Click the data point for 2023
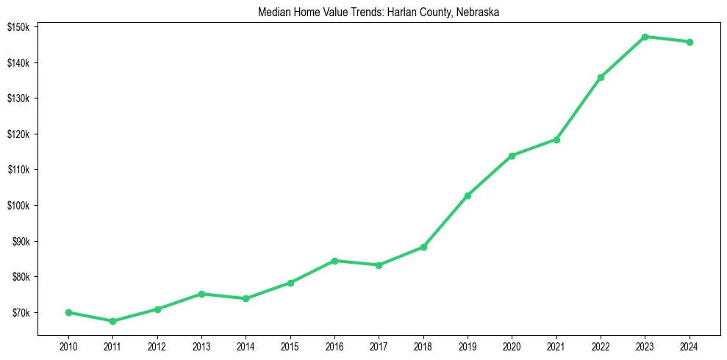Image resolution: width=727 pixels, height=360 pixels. point(645,37)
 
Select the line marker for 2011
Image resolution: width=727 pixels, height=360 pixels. point(112,321)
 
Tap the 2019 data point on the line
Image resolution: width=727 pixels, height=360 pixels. point(468,195)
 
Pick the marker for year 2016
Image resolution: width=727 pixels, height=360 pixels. point(334,261)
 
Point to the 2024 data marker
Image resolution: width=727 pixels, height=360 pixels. point(690,42)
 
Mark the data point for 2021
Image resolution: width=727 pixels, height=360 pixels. point(556,140)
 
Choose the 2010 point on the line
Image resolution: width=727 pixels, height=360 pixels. point(68,312)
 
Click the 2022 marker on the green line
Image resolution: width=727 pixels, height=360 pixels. point(601,77)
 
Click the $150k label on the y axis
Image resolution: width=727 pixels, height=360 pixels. point(18,27)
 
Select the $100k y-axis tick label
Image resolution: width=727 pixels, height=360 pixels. point(18,206)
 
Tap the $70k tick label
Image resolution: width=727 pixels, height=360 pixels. point(20,313)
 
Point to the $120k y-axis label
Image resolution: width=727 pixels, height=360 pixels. point(18,134)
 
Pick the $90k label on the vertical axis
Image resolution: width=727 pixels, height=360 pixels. point(20,242)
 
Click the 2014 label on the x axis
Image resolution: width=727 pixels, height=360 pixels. point(246,345)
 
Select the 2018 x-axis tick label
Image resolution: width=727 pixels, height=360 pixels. point(423,345)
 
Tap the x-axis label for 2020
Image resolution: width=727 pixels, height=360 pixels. point(512,345)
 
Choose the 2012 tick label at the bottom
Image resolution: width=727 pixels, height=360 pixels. point(157,345)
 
